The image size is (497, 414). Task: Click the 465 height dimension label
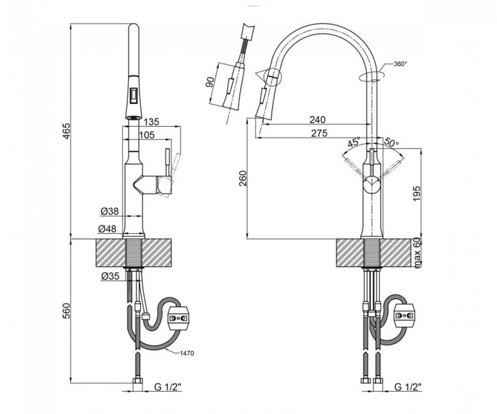pyautogui.click(x=66, y=131)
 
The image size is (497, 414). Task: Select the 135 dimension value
pyautogui.click(x=151, y=122)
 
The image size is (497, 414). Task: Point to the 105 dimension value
pyautogui.click(x=147, y=135)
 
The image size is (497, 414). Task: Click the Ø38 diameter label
pyautogui.click(x=110, y=211)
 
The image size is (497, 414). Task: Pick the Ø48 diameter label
pyautogui.click(x=107, y=229)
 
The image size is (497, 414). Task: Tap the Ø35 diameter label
pyautogui.click(x=110, y=276)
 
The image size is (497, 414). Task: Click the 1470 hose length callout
pyautogui.click(x=187, y=353)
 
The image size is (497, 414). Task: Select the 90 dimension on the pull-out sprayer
pyautogui.click(x=210, y=83)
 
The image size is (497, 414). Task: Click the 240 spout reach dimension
pyautogui.click(x=317, y=119)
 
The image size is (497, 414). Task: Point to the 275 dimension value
pyautogui.click(x=319, y=133)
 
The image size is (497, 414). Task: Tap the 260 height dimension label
pyautogui.click(x=243, y=178)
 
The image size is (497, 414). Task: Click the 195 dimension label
pyautogui.click(x=417, y=194)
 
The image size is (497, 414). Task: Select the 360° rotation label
pyautogui.click(x=400, y=64)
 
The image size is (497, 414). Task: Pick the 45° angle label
pyautogui.click(x=354, y=142)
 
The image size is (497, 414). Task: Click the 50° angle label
pyautogui.click(x=392, y=141)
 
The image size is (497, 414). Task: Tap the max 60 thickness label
pyautogui.click(x=417, y=252)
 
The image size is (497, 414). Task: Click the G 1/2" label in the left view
pyautogui.click(x=168, y=387)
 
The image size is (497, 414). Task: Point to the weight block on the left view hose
pyautogui.click(x=180, y=318)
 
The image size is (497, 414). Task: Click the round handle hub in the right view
pyautogui.click(x=372, y=184)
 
